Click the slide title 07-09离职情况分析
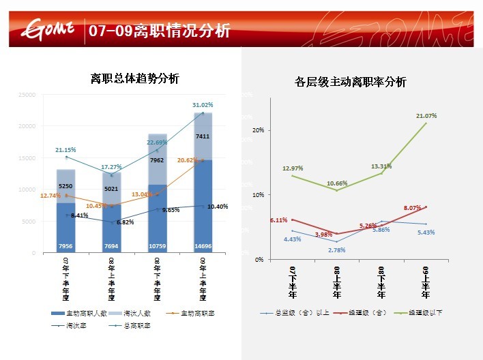(x=159, y=31)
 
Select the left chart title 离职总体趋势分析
(x=135, y=78)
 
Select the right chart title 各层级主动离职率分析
(x=351, y=82)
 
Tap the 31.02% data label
(x=203, y=105)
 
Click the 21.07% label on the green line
(x=426, y=116)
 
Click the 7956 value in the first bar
(x=66, y=245)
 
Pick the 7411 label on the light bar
(x=203, y=136)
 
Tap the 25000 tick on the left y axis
(x=27, y=95)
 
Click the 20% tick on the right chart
(x=258, y=130)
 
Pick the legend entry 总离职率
(x=136, y=326)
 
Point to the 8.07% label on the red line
(x=413, y=207)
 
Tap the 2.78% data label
(x=336, y=250)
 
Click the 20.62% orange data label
(x=188, y=160)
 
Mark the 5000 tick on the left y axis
(x=29, y=222)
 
